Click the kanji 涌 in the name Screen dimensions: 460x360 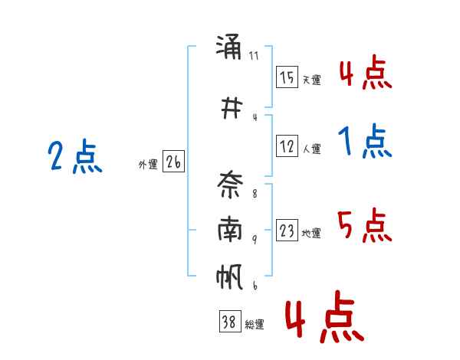tap(228, 47)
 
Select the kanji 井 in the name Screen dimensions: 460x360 tap(232, 108)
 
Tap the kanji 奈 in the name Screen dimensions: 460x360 tap(230, 185)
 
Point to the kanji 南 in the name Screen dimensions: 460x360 tap(230, 229)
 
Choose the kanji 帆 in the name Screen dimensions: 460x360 tap(229, 277)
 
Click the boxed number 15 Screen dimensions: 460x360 tap(287, 77)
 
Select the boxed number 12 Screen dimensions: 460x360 tap(287, 146)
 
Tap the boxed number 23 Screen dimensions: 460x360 tap(287, 230)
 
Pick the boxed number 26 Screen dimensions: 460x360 tap(173, 162)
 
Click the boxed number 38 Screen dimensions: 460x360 tap(230, 321)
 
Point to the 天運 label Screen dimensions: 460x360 tap(312, 80)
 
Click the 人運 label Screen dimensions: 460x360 tap(312, 149)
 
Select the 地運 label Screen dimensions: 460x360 tap(311, 234)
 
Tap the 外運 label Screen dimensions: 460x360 tap(148, 165)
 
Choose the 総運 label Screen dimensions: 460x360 tap(255, 325)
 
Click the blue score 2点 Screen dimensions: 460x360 tap(75, 156)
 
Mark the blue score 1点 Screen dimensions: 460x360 tap(365, 141)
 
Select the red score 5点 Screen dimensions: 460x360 tap(365, 225)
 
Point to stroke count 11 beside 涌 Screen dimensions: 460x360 tap(254, 56)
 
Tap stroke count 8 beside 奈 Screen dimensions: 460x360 tap(255, 194)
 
